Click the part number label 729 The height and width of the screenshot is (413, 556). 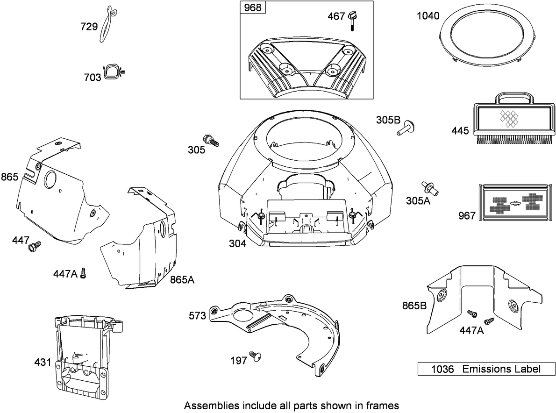click(89, 27)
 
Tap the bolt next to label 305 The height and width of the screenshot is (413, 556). click(211, 140)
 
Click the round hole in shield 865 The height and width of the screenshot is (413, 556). click(50, 179)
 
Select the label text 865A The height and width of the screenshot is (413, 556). click(182, 280)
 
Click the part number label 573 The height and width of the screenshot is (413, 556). click(198, 316)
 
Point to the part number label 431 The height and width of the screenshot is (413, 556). click(43, 362)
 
